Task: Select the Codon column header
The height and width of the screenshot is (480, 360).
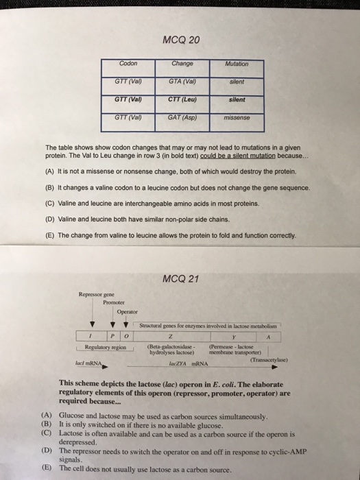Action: pos(128,64)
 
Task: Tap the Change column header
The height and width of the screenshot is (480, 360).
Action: pos(182,64)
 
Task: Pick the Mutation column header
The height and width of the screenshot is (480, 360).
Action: pos(235,64)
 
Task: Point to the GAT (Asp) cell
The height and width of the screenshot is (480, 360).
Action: pos(182,117)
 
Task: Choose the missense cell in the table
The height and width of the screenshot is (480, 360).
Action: pos(235,117)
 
